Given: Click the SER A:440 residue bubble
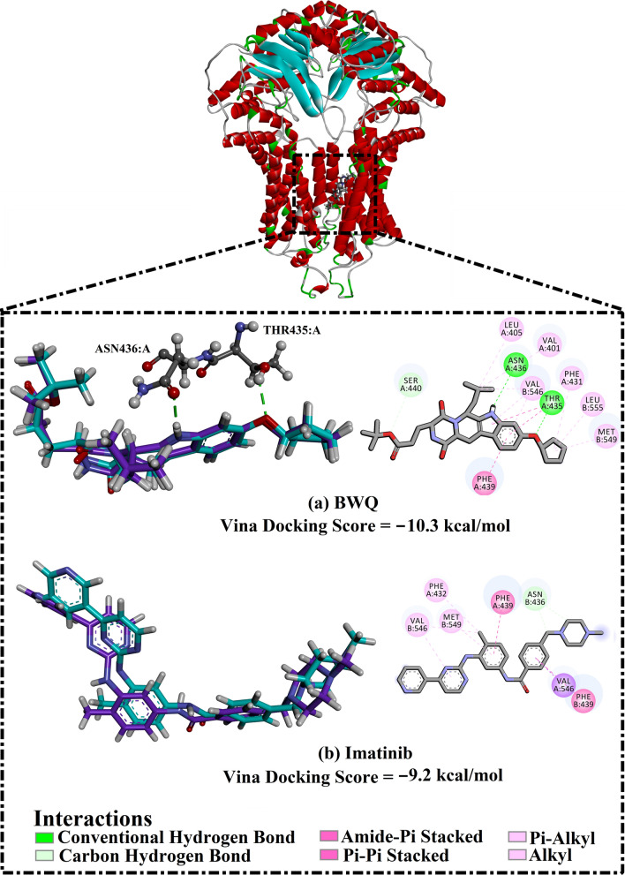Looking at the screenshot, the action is (404, 385).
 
